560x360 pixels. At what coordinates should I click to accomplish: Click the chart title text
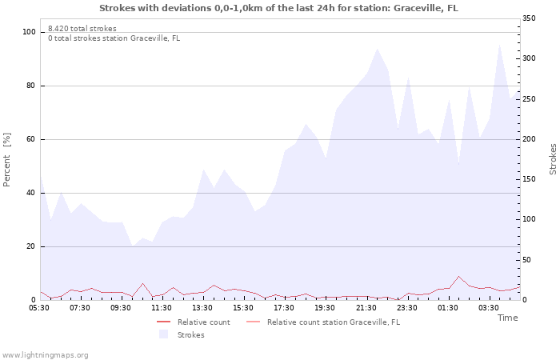279,8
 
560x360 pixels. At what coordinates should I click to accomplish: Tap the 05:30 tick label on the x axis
39,307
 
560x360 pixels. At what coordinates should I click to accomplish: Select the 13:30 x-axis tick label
202,307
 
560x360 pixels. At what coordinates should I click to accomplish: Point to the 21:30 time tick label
366,307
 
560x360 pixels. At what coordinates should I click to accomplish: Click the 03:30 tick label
488,307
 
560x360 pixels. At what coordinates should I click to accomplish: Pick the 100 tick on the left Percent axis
29,32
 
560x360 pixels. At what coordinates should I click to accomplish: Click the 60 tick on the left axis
31,139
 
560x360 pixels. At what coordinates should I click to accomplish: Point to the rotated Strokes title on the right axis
553,159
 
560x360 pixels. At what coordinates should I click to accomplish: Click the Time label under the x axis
507,318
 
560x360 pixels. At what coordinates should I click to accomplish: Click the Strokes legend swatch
163,334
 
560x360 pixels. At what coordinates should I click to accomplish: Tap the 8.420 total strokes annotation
82,29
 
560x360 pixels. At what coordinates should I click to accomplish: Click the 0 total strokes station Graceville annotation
114,38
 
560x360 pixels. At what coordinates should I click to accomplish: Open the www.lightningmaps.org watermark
45,354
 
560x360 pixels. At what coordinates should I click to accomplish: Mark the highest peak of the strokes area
499,44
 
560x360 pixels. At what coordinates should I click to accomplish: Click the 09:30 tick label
121,307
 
